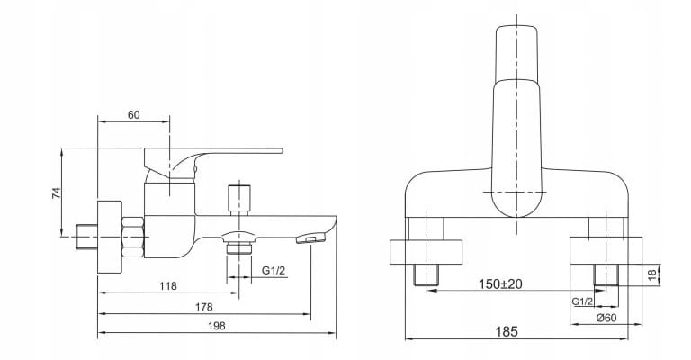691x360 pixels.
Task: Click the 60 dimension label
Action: coord(133,115)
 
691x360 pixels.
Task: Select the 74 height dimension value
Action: coord(56,193)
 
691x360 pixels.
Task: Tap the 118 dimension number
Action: coord(168,286)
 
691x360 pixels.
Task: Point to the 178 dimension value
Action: coord(203,307)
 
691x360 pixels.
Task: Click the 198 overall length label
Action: coord(216,326)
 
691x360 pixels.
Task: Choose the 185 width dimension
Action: coord(506,331)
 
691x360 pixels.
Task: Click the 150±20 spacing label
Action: coord(500,283)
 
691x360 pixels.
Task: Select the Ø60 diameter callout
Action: coord(606,318)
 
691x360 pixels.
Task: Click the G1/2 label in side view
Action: coord(274,270)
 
